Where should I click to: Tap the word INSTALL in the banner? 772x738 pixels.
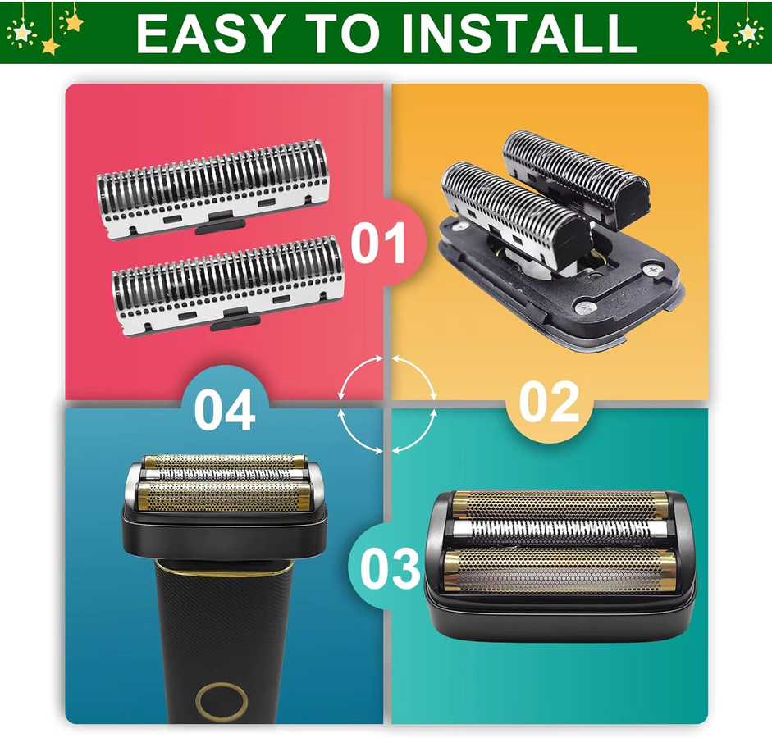click(x=519, y=34)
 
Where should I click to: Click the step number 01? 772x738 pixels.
click(x=377, y=243)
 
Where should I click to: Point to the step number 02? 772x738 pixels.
click(x=549, y=402)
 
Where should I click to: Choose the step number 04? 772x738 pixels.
click(x=225, y=409)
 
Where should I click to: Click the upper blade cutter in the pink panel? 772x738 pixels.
click(x=212, y=189)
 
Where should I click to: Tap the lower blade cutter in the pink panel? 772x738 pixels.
click(x=227, y=286)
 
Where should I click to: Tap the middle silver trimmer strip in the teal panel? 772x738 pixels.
click(x=560, y=531)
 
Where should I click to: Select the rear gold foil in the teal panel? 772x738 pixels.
click(x=560, y=503)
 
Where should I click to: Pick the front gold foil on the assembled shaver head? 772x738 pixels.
click(x=225, y=497)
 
